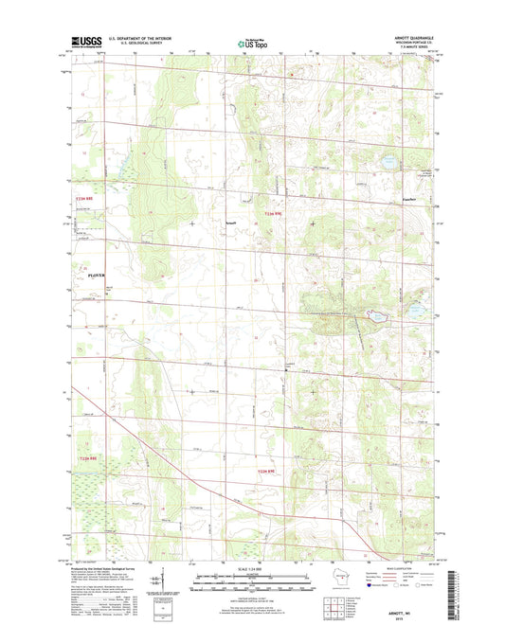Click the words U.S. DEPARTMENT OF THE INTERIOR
[x=138, y=39]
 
